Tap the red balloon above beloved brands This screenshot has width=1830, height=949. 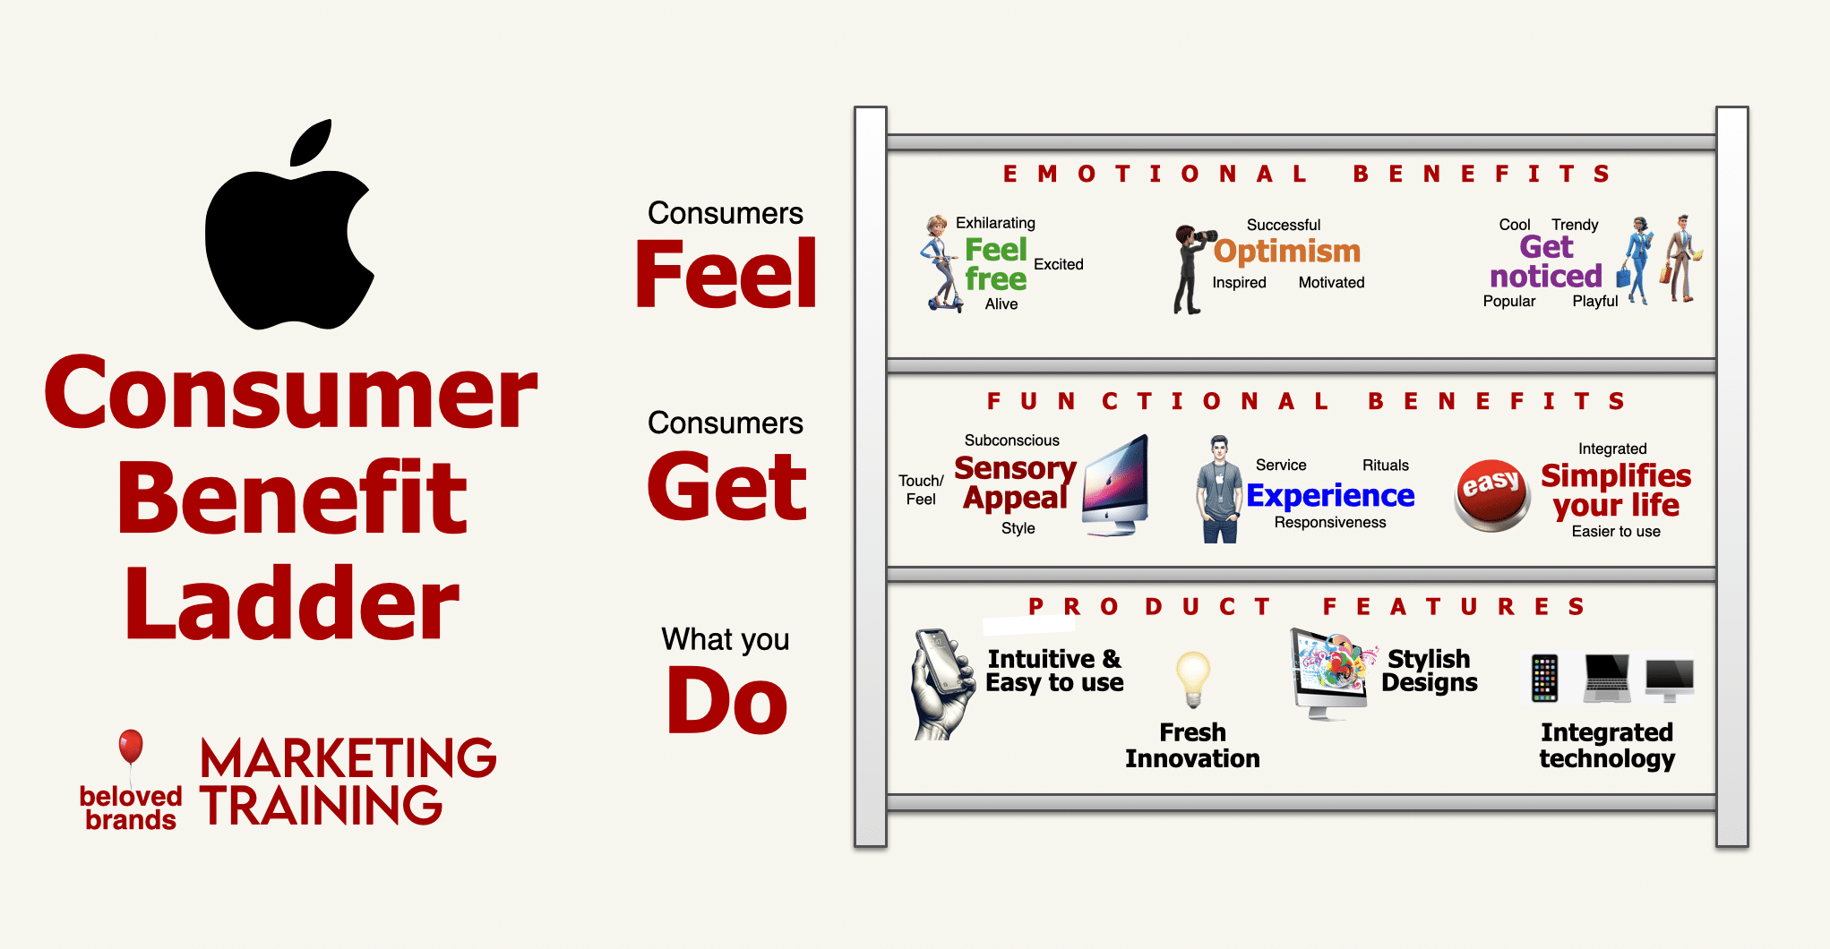pos(131,746)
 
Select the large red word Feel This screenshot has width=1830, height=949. pos(726,274)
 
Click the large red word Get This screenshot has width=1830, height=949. pos(726,485)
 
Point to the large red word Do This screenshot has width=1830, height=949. pos(727,701)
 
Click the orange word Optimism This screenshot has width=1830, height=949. pos(1287,252)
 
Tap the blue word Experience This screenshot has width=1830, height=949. pos(1330,495)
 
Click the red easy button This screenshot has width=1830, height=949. pos(1491,495)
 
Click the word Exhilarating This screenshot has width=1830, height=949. pos(995,223)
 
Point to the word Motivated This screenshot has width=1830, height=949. pos(1332,283)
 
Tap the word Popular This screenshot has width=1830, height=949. pos(1509,302)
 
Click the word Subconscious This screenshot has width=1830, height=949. pos(1012,440)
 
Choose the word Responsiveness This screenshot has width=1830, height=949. pos(1330,523)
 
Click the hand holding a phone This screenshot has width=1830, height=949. pos(943,684)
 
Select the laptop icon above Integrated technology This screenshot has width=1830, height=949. pos(1607,678)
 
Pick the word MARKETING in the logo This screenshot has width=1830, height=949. pos(348,758)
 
